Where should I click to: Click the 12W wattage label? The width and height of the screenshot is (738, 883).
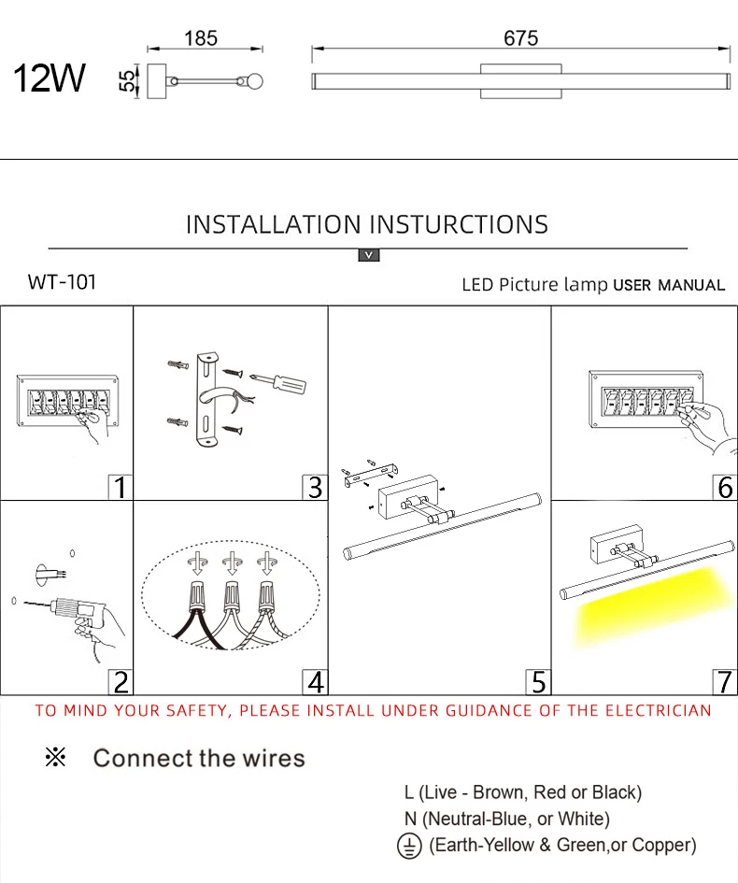click(x=49, y=78)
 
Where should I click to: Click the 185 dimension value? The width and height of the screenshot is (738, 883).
click(x=201, y=38)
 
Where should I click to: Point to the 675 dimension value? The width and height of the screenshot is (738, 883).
click(x=520, y=38)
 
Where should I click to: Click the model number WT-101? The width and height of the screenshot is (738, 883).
click(x=62, y=282)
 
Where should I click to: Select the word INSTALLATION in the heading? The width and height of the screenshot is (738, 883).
click(x=273, y=225)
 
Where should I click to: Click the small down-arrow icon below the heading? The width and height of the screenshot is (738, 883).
click(x=369, y=255)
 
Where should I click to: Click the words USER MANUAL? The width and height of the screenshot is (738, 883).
click(x=669, y=285)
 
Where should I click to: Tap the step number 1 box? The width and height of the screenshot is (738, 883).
click(x=120, y=487)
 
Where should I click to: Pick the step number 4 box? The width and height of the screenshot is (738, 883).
click(x=315, y=682)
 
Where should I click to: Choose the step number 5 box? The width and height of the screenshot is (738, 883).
click(x=538, y=682)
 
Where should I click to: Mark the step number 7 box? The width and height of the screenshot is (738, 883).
click(x=725, y=682)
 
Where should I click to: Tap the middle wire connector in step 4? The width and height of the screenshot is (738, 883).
click(x=229, y=593)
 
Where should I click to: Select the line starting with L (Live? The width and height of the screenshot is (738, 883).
click(x=522, y=792)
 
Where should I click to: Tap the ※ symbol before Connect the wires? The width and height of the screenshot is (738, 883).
click(x=56, y=758)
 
